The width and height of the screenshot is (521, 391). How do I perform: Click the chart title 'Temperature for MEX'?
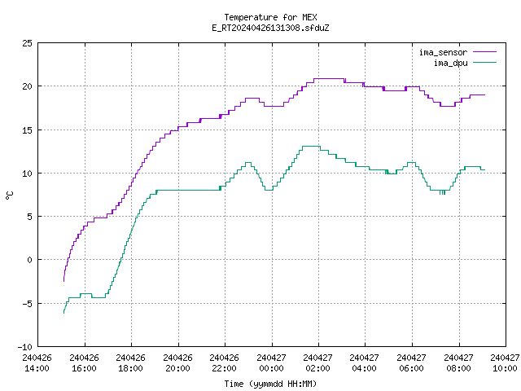point(270,17)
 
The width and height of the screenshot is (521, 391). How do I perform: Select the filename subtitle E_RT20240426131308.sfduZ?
point(270,28)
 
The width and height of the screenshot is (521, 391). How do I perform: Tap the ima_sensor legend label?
point(443,52)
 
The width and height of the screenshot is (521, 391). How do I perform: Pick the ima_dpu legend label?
point(451,63)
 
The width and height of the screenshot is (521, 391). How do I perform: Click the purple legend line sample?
point(484,52)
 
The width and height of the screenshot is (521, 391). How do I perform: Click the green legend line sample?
point(484,62)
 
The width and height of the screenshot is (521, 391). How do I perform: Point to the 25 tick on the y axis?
point(27,43)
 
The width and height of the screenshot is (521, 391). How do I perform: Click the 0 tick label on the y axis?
point(30,260)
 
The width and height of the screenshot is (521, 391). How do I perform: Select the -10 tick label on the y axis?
point(25,347)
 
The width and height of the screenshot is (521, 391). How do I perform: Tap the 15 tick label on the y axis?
point(27,130)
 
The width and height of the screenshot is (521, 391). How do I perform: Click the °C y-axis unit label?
point(9,195)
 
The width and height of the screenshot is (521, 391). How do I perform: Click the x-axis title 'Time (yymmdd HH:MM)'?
point(270,384)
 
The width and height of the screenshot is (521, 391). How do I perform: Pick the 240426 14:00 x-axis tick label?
point(37,363)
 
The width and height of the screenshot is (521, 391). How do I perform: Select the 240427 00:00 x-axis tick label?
point(271,363)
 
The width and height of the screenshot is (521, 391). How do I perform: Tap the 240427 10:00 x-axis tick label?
point(505,363)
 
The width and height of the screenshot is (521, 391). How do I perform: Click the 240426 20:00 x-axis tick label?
point(177,363)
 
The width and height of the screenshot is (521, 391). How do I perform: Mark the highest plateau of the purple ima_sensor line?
point(329,79)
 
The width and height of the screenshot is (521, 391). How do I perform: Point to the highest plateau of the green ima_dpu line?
point(311,147)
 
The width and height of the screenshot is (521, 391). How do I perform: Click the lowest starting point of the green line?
point(63,313)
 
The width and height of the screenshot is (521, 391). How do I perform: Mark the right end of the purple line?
point(485,95)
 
